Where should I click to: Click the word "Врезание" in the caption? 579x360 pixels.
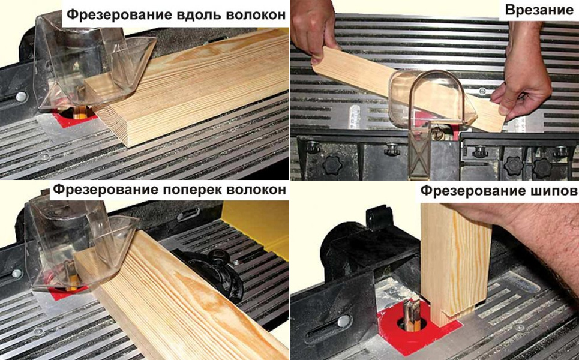[539, 10]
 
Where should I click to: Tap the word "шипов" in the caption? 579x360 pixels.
[554, 191]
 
